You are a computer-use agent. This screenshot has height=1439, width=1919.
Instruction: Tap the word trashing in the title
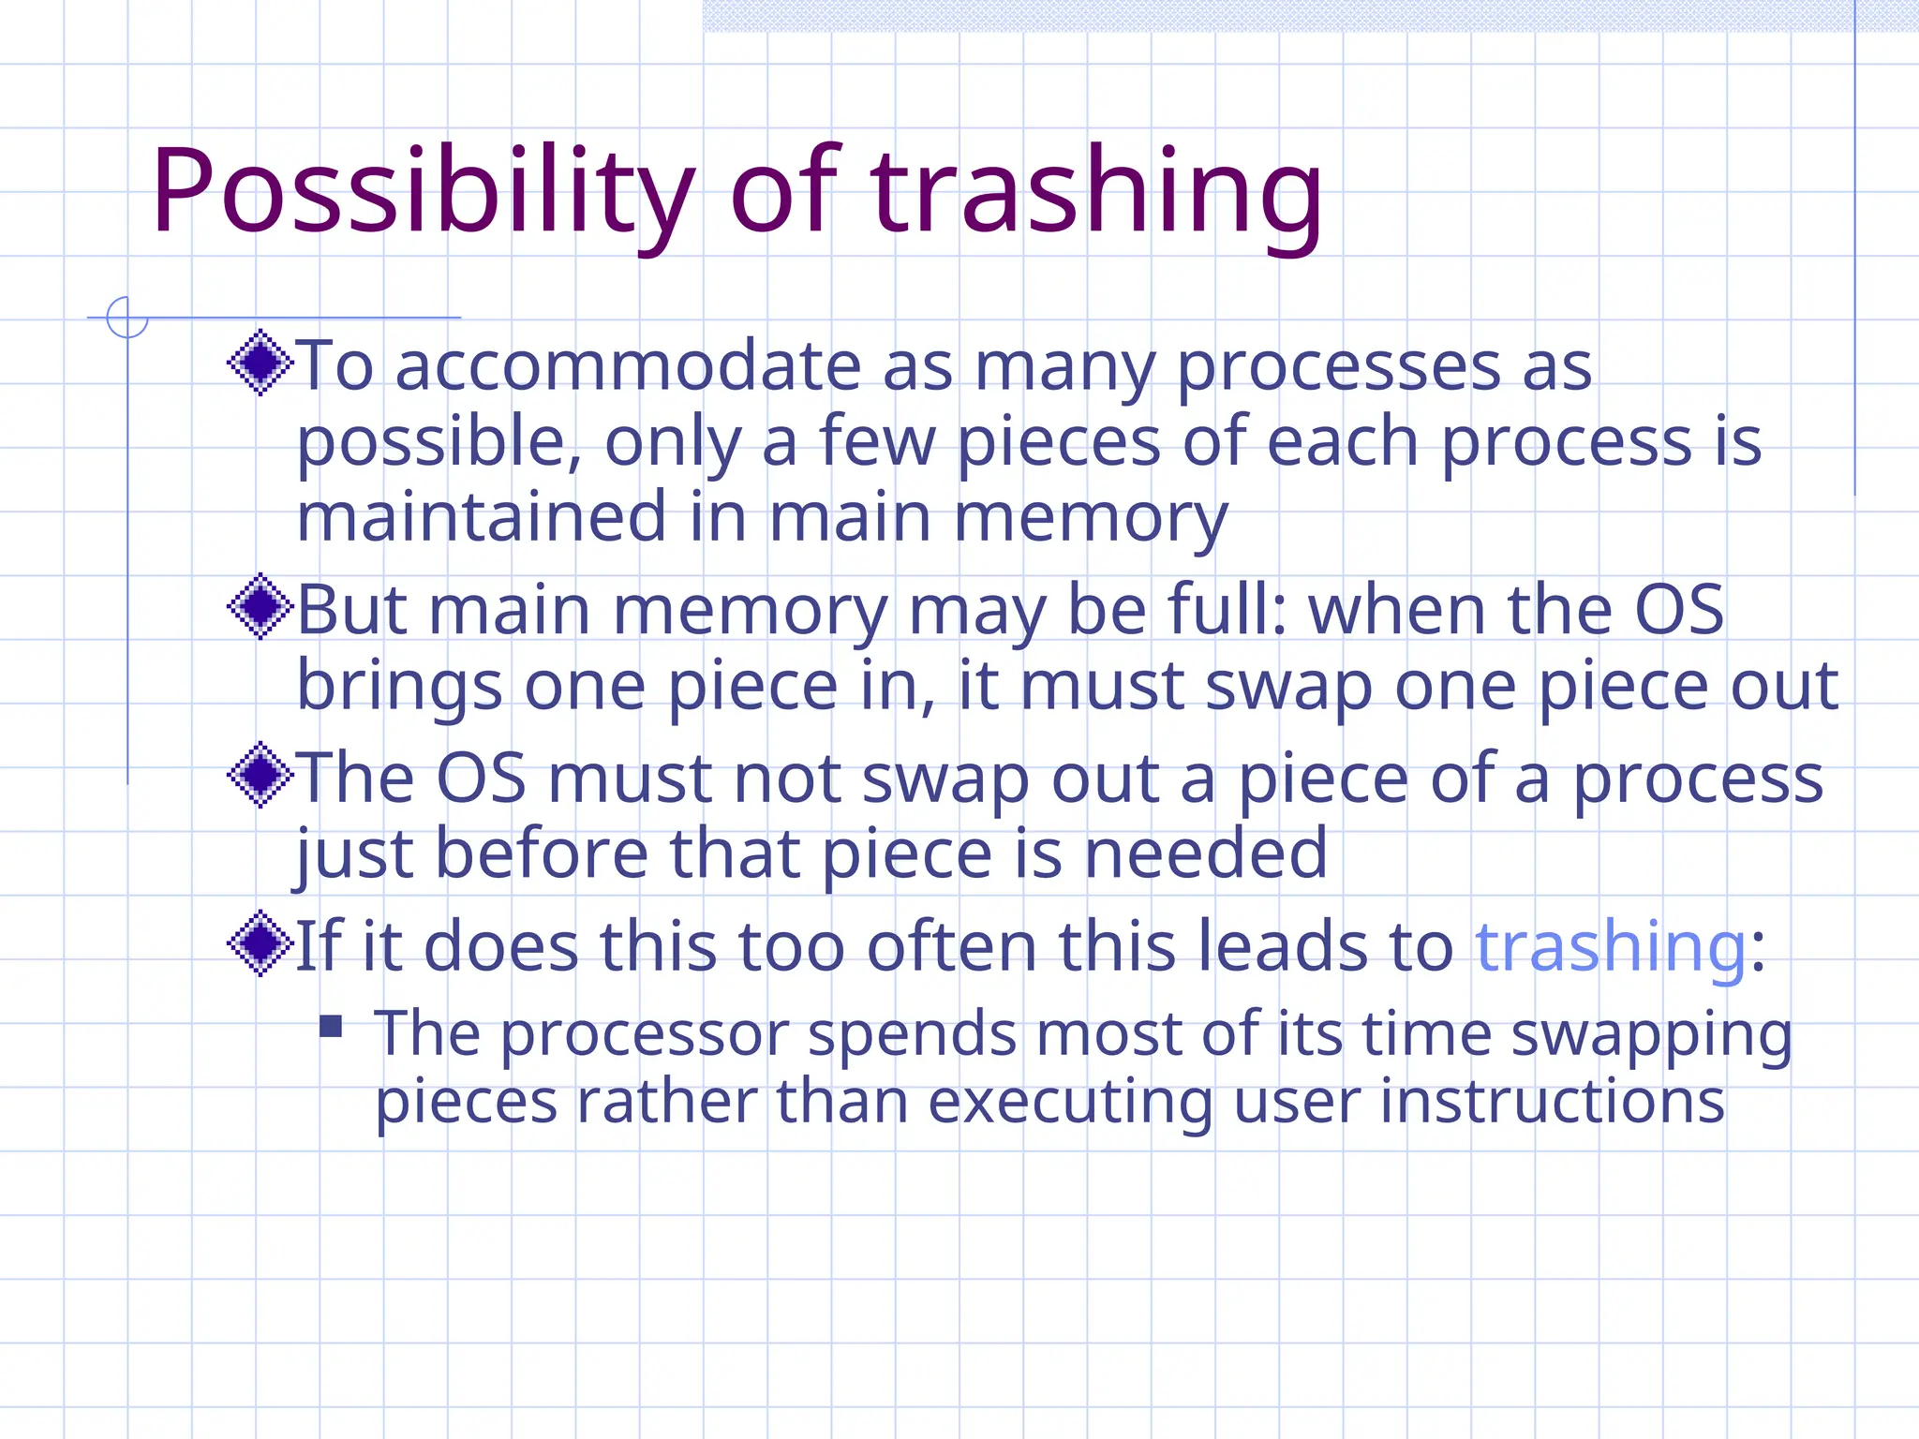[x=1096, y=192]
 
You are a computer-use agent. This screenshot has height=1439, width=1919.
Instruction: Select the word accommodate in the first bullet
[x=628, y=366]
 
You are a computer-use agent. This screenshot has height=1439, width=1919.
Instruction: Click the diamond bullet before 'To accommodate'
[x=260, y=363]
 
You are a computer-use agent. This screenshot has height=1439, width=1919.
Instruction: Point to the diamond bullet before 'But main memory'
[x=260, y=607]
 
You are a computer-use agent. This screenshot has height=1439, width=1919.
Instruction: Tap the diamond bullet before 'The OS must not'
[x=260, y=775]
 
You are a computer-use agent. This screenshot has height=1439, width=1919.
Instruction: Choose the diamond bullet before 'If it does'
[x=260, y=943]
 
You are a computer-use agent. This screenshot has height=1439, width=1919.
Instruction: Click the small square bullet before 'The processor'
[x=331, y=1027]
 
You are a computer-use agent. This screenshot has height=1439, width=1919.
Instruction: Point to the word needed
[x=1206, y=853]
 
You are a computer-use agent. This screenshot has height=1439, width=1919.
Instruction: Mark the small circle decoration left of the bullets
[x=127, y=318]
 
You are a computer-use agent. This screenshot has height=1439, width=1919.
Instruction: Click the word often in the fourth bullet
[x=952, y=947]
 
